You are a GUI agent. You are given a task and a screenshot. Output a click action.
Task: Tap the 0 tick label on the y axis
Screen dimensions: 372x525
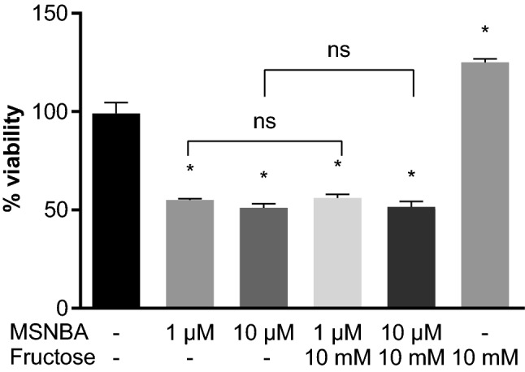(x=62, y=309)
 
